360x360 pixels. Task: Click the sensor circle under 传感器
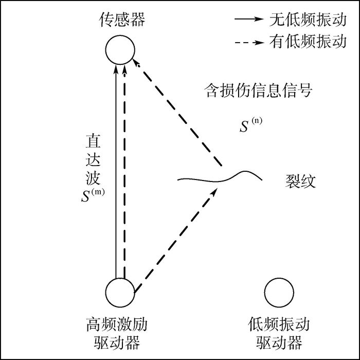pos(120,50)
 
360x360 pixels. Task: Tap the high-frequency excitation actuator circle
pos(120,293)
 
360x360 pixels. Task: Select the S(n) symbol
pos(250,125)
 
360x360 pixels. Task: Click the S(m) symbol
pos(92,196)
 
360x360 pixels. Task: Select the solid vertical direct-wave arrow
pos(116,170)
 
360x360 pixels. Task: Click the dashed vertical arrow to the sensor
pos(125,170)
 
